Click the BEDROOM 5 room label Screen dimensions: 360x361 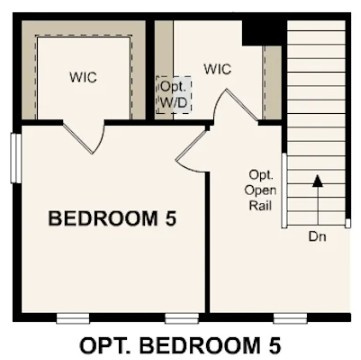(x=112, y=218)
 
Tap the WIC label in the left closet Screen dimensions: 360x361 (x=82, y=76)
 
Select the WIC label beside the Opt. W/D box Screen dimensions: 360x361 (x=217, y=69)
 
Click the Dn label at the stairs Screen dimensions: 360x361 (x=316, y=237)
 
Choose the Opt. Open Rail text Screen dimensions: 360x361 (x=260, y=190)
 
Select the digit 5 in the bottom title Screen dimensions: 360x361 (x=273, y=345)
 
